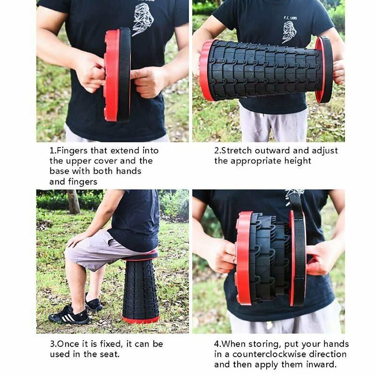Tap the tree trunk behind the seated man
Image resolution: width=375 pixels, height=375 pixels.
click(73, 202)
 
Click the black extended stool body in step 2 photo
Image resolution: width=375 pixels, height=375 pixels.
click(265, 70)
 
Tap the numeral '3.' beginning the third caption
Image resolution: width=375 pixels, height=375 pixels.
click(54, 344)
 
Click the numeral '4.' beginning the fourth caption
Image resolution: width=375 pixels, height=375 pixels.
click(218, 344)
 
